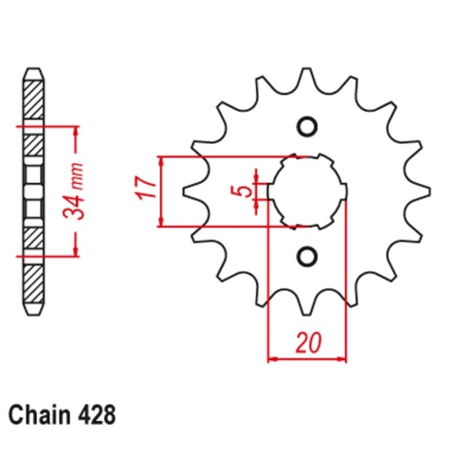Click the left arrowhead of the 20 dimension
pos(273,359)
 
